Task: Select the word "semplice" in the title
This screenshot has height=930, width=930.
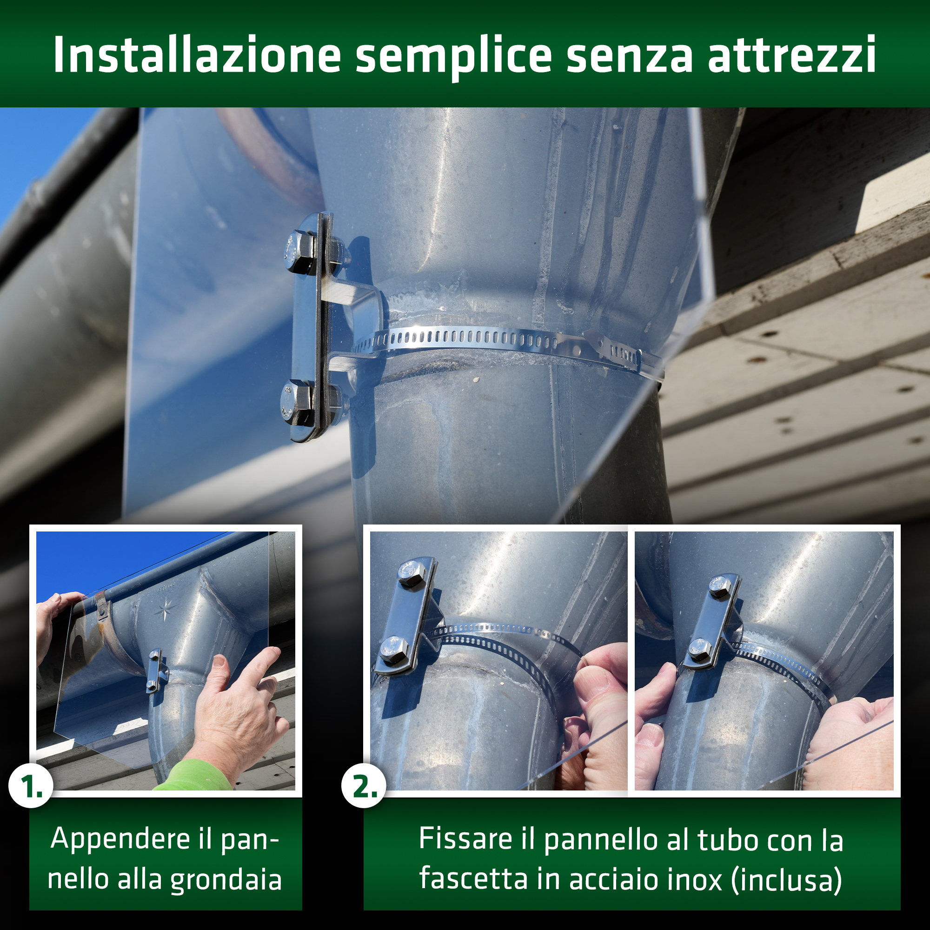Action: (x=453, y=57)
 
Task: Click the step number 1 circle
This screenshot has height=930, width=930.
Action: (x=30, y=787)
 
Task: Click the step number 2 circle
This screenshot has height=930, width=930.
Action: (x=364, y=787)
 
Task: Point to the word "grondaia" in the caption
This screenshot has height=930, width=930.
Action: (x=226, y=880)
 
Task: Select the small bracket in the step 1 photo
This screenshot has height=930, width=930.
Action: (x=155, y=670)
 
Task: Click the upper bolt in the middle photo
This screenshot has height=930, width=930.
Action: (x=410, y=573)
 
